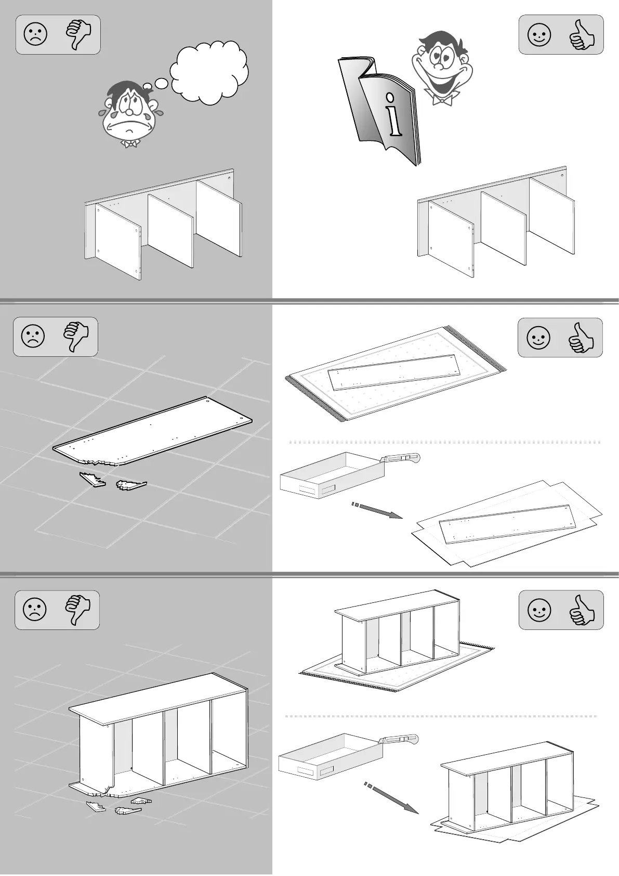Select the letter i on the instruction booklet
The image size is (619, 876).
[x=393, y=114]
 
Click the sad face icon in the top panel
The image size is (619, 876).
[x=35, y=35]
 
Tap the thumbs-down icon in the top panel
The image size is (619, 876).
[x=78, y=35]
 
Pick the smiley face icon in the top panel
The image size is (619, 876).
[x=539, y=35]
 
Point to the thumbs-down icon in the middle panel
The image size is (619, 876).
[x=76, y=337]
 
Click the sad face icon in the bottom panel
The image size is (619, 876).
[x=34, y=609]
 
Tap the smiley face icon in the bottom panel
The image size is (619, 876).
[x=539, y=610]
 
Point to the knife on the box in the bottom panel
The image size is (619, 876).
[x=399, y=739]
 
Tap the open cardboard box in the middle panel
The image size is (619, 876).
[x=331, y=474]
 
